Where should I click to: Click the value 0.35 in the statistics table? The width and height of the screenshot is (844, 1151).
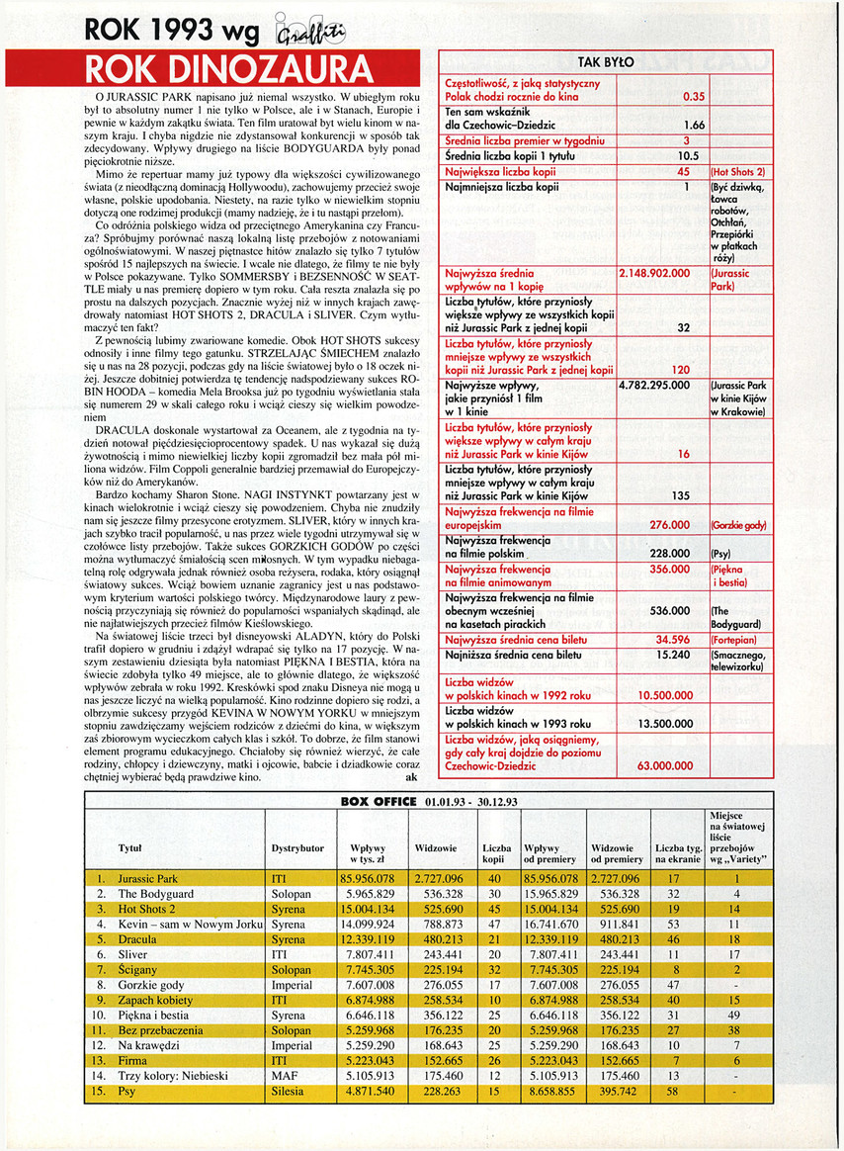point(694,97)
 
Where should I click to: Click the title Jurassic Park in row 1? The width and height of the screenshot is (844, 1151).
point(147,877)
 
